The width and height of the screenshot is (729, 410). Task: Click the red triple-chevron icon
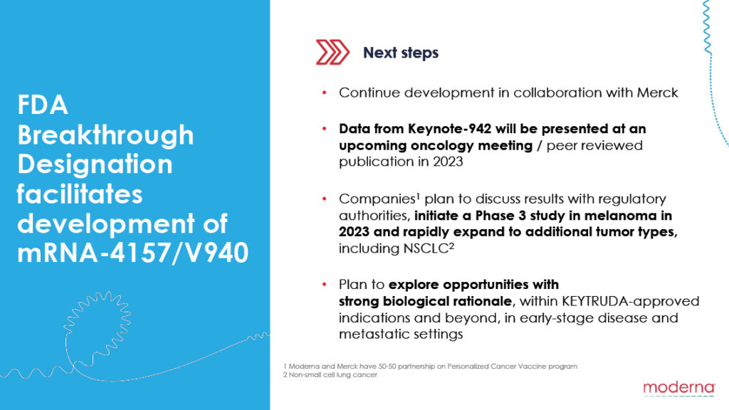click(332, 52)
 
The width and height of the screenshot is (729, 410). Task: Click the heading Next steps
click(401, 53)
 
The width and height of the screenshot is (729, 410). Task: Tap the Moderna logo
click(679, 388)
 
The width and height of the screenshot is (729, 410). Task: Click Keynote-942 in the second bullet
click(450, 128)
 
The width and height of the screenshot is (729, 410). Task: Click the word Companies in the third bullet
click(377, 199)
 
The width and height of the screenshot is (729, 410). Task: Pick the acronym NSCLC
click(426, 248)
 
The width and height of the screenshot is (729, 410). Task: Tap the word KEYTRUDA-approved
click(631, 301)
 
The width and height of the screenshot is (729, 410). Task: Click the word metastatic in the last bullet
click(370, 335)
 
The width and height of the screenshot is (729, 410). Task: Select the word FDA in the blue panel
click(43, 105)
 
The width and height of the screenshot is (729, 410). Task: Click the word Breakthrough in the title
click(105, 135)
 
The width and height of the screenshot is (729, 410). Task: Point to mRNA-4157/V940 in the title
click(133, 253)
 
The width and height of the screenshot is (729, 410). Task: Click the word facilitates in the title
click(80, 194)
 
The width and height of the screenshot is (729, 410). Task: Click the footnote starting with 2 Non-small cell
click(330, 374)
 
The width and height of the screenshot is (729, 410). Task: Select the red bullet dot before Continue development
click(325, 93)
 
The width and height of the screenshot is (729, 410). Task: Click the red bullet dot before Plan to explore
click(325, 285)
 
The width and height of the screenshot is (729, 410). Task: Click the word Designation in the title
click(95, 165)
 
